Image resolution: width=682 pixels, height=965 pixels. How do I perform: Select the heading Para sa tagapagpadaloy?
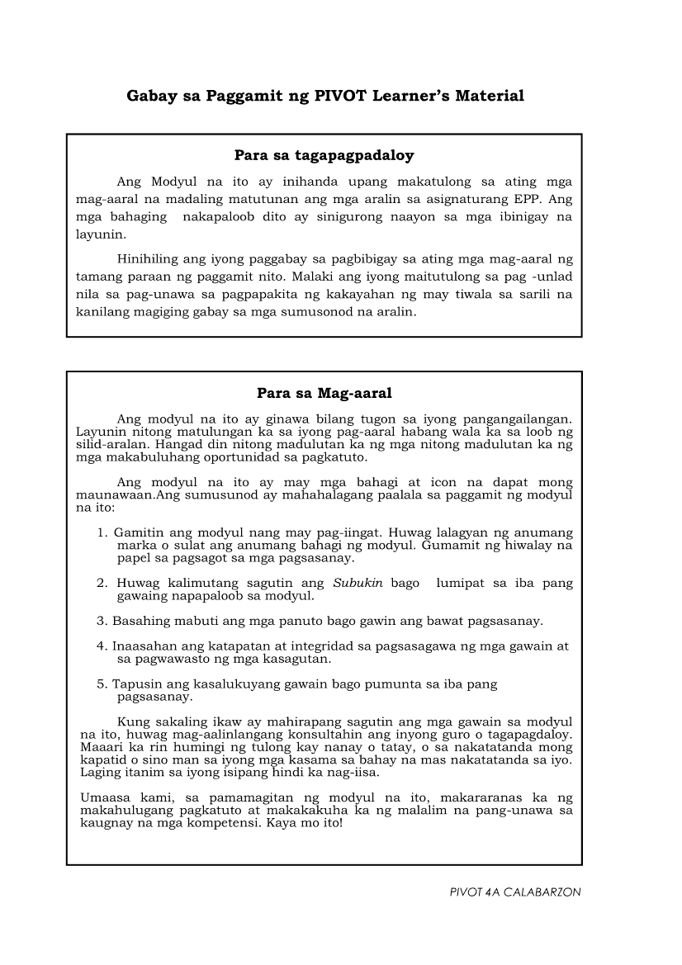[324, 154]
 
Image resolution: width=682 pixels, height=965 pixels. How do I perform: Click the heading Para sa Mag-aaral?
[324, 393]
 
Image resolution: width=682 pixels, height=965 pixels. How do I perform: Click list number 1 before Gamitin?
[102, 533]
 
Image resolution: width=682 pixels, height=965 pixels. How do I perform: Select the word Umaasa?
[104, 798]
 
